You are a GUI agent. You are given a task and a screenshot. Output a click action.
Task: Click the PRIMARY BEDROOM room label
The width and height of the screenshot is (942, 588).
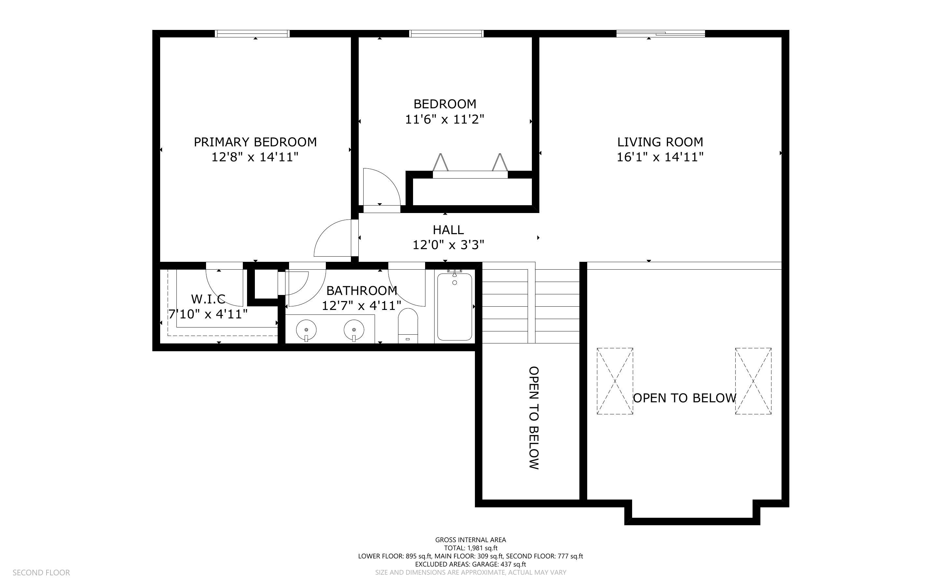pyautogui.click(x=255, y=142)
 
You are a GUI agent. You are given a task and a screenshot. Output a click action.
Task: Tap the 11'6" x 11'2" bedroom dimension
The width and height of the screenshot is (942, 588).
pyautogui.click(x=445, y=119)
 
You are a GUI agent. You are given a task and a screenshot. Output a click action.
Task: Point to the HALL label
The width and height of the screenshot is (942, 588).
pyautogui.click(x=448, y=230)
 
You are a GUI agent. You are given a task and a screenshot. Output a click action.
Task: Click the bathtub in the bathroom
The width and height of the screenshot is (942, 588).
pyautogui.click(x=454, y=307)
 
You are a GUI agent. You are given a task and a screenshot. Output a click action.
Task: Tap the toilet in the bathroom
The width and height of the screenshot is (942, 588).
pyautogui.click(x=408, y=326)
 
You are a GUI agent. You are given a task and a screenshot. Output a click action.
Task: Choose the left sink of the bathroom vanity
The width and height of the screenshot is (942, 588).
pyautogui.click(x=306, y=330)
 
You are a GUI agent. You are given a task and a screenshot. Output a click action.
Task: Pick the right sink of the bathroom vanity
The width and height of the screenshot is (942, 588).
pyautogui.click(x=354, y=330)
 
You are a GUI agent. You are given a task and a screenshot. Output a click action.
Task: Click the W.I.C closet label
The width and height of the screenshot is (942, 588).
pyautogui.click(x=208, y=299)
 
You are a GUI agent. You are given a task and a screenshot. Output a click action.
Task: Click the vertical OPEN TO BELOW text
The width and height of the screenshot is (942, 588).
pyautogui.click(x=534, y=418)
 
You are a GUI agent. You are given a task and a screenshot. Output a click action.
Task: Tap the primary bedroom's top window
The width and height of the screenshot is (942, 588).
pyautogui.click(x=253, y=33)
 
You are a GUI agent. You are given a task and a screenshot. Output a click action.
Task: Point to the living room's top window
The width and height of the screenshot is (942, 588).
pyautogui.click(x=661, y=33)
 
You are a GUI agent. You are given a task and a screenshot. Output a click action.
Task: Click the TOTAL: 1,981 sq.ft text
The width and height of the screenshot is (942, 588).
pyautogui.click(x=470, y=548)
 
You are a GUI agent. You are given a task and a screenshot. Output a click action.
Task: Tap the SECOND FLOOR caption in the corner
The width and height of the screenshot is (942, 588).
pyautogui.click(x=41, y=572)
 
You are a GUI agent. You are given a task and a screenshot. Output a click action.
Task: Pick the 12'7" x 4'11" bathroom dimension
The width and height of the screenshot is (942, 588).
pyautogui.click(x=361, y=306)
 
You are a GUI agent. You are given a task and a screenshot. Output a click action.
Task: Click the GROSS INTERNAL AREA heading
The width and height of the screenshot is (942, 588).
pyautogui.click(x=470, y=540)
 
